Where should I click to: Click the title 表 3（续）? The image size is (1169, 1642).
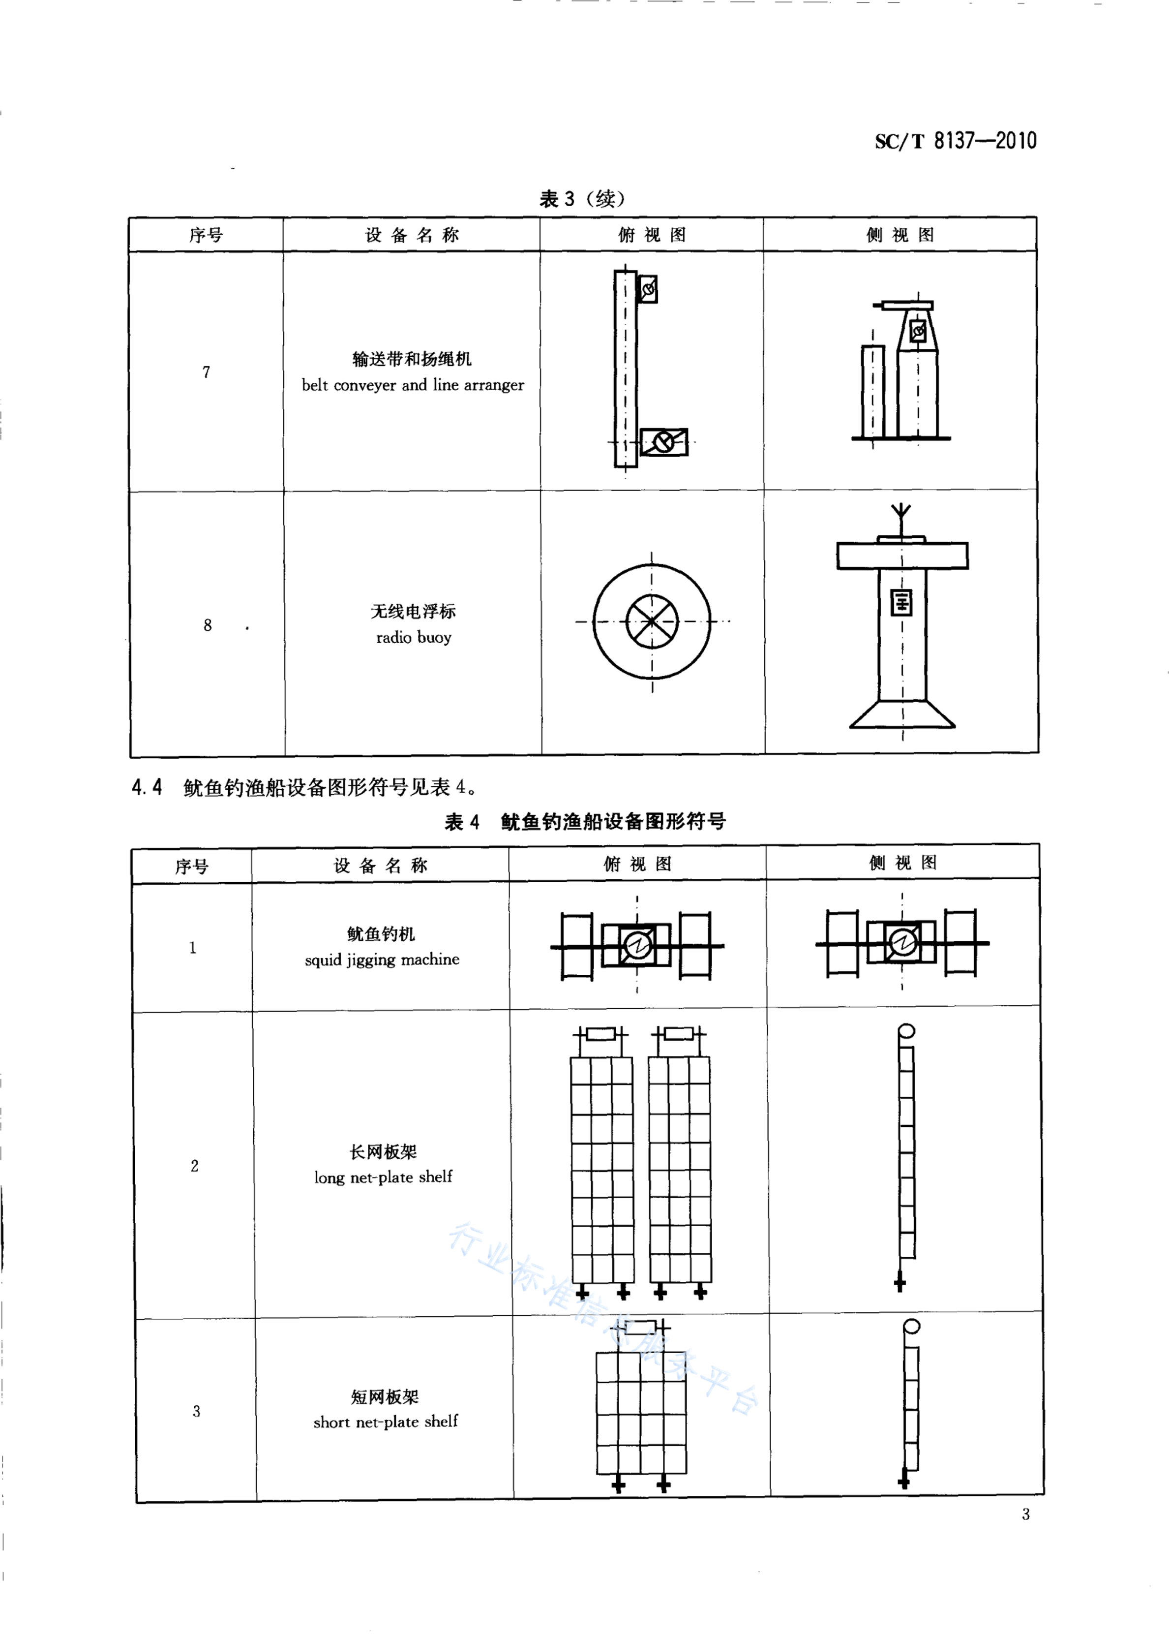click(x=582, y=199)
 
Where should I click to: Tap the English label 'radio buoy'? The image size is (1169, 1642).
click(x=414, y=637)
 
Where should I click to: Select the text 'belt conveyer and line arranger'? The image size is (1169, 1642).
click(x=413, y=385)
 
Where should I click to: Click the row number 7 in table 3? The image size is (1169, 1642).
click(x=207, y=372)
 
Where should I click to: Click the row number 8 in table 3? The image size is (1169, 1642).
click(x=208, y=625)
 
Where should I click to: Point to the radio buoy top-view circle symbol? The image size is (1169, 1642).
click(x=652, y=621)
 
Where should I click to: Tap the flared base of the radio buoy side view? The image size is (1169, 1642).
click(x=902, y=714)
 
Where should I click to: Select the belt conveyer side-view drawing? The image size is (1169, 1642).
click(x=902, y=371)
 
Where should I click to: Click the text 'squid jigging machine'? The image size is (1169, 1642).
click(x=382, y=960)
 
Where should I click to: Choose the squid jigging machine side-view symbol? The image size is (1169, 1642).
click(x=902, y=943)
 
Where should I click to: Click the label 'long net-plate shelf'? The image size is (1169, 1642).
click(x=383, y=1177)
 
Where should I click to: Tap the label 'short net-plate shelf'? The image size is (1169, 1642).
click(x=385, y=1422)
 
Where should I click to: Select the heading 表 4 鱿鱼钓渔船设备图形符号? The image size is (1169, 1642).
click(x=585, y=821)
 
